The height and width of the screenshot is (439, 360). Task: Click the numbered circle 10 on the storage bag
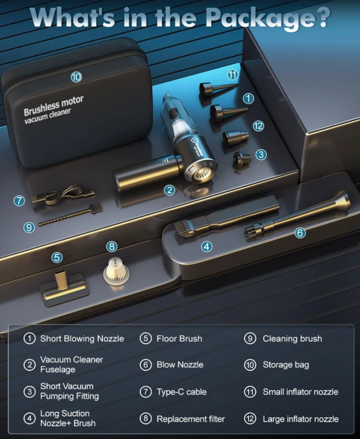click(x=76, y=76)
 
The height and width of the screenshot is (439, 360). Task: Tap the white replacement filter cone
click(x=116, y=272)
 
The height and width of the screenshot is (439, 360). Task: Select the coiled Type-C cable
click(x=63, y=195)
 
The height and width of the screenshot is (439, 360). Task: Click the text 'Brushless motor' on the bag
click(x=54, y=105)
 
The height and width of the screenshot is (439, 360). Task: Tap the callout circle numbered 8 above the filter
click(x=112, y=246)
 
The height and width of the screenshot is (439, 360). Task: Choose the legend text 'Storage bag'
click(x=286, y=365)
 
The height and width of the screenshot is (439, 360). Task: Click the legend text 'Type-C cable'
click(x=181, y=391)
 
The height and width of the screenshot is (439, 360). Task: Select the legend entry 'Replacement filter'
click(x=191, y=419)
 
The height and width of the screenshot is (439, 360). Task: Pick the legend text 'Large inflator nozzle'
click(x=300, y=419)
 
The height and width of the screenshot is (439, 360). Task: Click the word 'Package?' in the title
click(x=268, y=17)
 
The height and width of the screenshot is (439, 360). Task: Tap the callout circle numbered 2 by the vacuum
click(x=169, y=190)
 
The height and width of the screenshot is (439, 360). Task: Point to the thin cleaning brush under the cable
click(x=70, y=215)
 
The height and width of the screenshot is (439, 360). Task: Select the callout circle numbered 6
click(x=300, y=232)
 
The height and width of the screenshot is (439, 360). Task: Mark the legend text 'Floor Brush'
click(x=179, y=338)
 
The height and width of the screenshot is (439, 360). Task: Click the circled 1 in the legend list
click(x=29, y=338)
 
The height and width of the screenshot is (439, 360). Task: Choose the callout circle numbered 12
click(x=258, y=126)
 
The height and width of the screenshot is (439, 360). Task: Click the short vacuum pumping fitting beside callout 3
click(x=242, y=160)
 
